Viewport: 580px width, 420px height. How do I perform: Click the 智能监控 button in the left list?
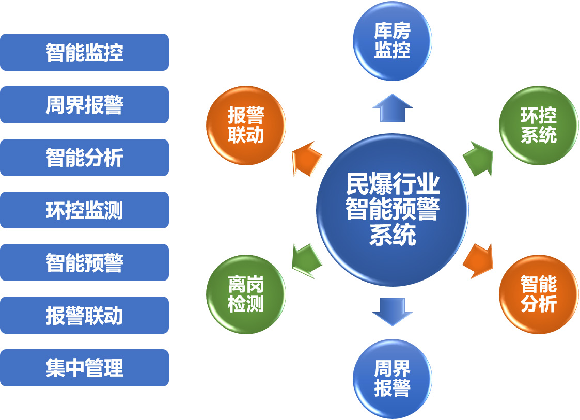click(84, 52)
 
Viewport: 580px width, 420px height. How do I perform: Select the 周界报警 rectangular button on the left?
click(84, 105)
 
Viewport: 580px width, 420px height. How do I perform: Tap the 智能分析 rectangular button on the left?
click(84, 157)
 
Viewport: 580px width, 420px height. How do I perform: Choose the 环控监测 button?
click(84, 210)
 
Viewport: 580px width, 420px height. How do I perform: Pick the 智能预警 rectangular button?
click(84, 262)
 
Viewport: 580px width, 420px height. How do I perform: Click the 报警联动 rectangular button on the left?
click(84, 315)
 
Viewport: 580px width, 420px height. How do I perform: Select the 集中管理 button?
click(84, 368)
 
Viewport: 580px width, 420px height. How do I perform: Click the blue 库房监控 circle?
click(393, 41)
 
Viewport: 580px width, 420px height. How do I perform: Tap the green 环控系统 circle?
click(539, 125)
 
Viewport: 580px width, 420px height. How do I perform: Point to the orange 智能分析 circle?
click(539, 294)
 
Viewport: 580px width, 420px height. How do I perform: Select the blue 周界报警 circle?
click(393, 379)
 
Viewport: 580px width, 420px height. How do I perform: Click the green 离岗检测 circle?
click(246, 294)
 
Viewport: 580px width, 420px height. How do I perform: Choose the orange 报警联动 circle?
click(246, 125)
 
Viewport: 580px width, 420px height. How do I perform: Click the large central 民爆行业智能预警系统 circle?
click(393, 210)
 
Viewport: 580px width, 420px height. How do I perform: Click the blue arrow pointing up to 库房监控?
click(393, 108)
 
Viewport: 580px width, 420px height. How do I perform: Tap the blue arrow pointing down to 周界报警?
click(393, 312)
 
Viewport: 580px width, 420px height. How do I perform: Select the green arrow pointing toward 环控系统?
click(478, 159)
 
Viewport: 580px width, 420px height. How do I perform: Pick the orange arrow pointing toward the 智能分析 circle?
click(478, 261)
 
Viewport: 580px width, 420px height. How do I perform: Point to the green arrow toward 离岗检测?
click(307, 261)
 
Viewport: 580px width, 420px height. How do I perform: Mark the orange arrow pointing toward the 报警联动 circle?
click(307, 159)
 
